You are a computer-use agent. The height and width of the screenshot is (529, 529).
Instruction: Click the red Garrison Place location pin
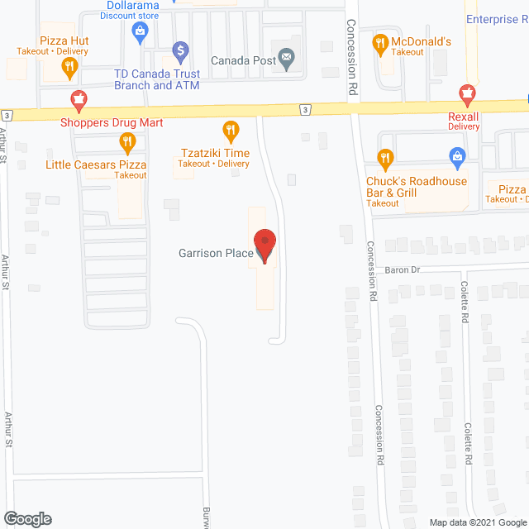[x=264, y=245]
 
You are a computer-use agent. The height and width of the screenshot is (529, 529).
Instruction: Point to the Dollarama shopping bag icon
[x=139, y=32]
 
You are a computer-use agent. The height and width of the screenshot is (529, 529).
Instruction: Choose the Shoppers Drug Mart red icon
[x=79, y=102]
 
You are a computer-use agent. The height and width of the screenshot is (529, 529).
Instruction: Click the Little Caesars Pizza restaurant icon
[x=126, y=144]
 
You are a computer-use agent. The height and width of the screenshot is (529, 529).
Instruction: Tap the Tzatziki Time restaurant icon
[x=231, y=130]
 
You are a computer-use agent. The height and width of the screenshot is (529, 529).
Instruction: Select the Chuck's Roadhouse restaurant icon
[x=384, y=158]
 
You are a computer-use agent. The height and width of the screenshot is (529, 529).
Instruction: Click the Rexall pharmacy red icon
[x=467, y=93]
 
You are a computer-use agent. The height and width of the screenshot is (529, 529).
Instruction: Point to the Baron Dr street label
[x=403, y=269]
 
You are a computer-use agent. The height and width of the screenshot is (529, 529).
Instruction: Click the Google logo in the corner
[x=26, y=519]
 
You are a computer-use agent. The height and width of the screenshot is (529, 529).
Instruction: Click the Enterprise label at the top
[x=496, y=19]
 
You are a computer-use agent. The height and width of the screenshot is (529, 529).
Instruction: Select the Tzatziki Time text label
[x=216, y=152]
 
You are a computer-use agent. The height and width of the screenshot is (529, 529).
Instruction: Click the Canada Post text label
[x=243, y=60]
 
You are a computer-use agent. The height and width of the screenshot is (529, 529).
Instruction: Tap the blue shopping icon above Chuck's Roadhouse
[x=455, y=155]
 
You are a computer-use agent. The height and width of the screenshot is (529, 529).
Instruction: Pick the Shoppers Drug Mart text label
[x=112, y=123]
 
